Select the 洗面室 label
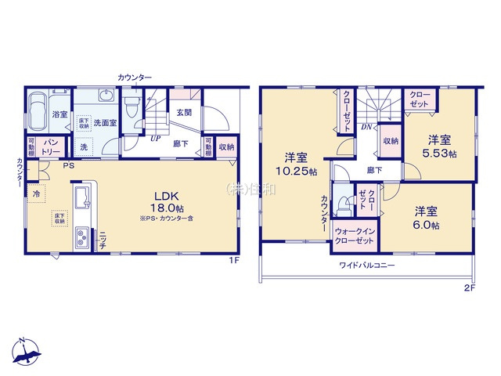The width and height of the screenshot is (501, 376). tap(105, 123)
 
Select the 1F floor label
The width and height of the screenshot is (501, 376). tap(232, 260)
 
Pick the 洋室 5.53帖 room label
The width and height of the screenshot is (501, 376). tap(439, 146)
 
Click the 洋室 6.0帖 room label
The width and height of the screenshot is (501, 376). tap(426, 218)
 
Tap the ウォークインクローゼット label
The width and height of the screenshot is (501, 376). tap(353, 237)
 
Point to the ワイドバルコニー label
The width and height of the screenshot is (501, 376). tap(366, 266)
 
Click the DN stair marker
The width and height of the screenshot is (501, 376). tap(366, 128)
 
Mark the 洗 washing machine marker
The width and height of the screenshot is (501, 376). tap(84, 147)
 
